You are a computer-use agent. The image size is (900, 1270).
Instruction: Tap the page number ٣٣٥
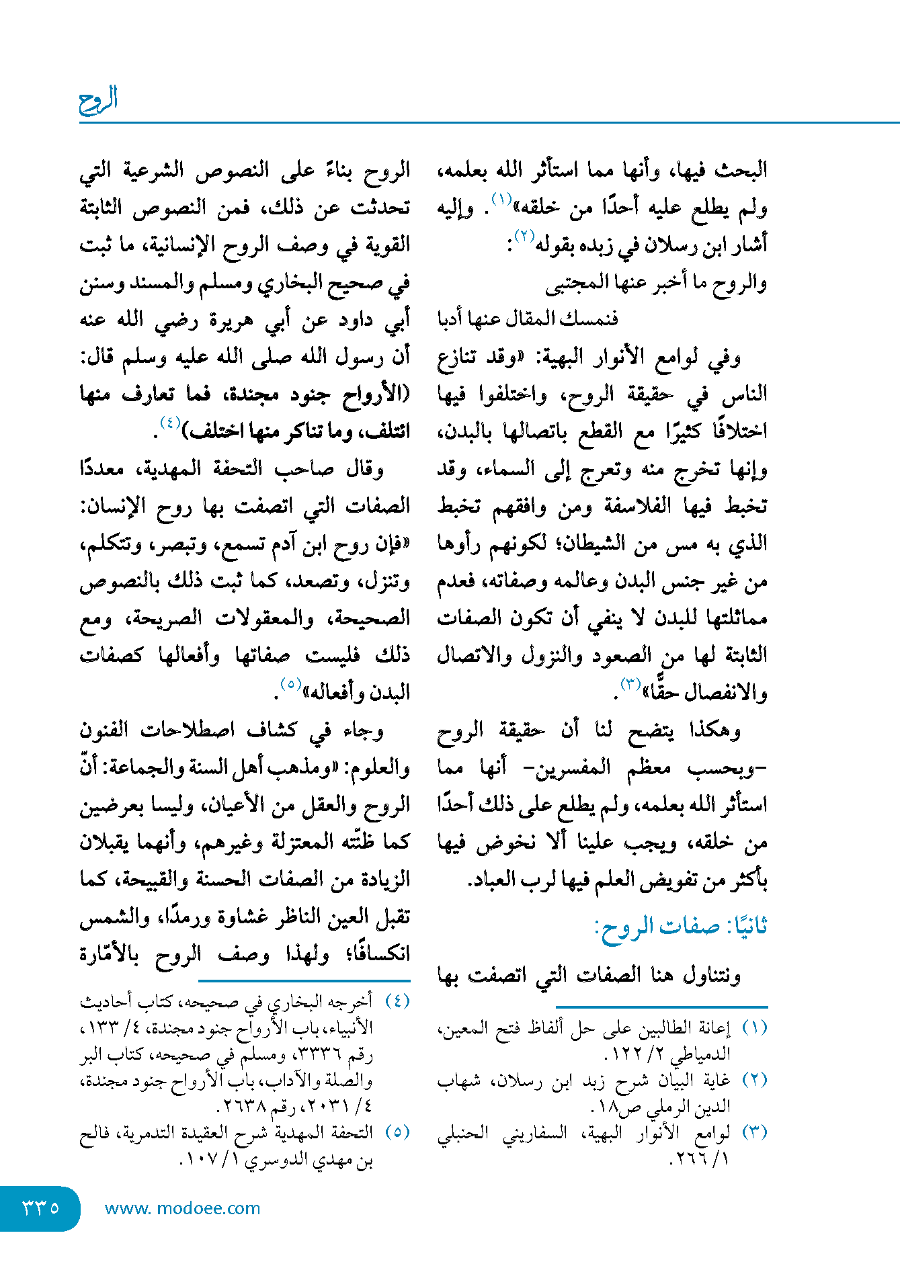pos(40,1208)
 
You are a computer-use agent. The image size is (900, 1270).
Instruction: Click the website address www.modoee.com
pos(182,1208)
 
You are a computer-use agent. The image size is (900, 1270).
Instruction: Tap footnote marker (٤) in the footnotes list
pos(397,1002)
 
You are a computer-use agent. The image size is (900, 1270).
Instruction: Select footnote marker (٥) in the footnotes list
pos(397,1132)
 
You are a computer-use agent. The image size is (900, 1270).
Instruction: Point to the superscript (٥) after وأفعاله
pos(290,684)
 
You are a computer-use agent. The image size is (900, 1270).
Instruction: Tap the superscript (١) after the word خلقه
pos(502,199)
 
